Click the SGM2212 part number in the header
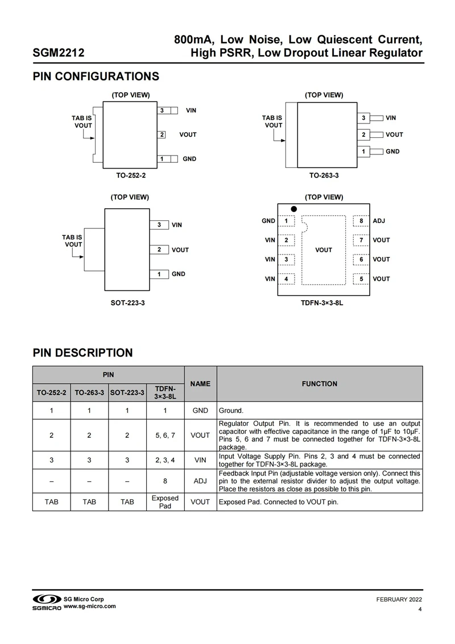tap(59, 54)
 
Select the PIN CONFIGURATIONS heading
tap(96, 76)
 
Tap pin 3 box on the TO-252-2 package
tap(162, 110)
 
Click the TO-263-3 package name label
tap(324, 176)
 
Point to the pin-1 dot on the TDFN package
tap(294, 209)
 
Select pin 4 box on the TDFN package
tap(286, 279)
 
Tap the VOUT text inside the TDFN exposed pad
tap(324, 250)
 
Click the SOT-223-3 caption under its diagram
tap(128, 303)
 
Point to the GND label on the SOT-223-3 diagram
tap(179, 274)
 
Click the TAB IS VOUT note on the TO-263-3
tap(272, 121)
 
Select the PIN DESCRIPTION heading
tap(82, 352)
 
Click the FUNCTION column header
tap(320, 384)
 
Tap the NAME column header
tap(200, 384)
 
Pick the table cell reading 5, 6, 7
tap(165, 436)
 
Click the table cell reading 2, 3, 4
tap(165, 460)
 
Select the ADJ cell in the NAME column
tap(200, 481)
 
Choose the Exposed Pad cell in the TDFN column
tap(165, 502)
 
